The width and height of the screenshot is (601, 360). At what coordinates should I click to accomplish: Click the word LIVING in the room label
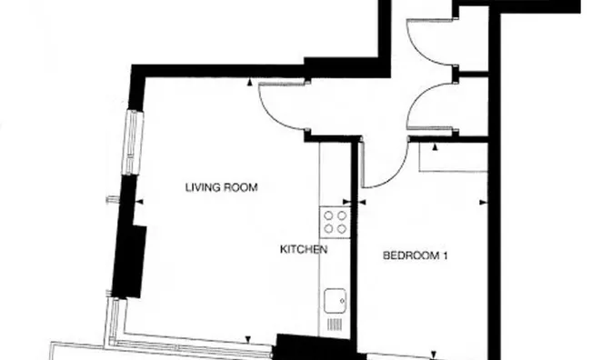[203, 188]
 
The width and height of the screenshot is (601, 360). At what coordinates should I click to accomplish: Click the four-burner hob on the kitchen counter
[335, 222]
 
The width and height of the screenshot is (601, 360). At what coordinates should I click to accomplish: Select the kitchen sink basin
[335, 298]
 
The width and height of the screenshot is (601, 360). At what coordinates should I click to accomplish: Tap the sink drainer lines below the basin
[334, 323]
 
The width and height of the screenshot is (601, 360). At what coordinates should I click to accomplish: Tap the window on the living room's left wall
[134, 141]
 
